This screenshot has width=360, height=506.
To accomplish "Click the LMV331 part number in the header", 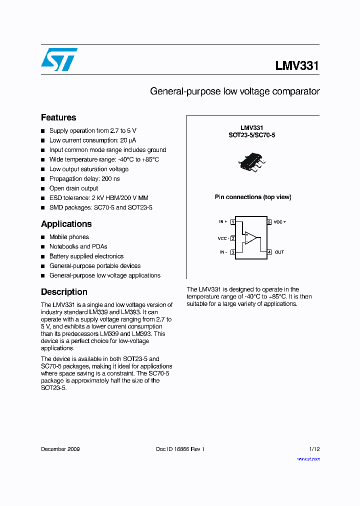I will coord(296,66).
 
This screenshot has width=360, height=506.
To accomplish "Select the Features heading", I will coord(58,117).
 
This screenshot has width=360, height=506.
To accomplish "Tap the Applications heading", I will coord(66,224).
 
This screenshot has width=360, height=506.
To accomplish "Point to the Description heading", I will coord(64,292).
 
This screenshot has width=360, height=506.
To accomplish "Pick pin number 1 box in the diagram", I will coord(233,221).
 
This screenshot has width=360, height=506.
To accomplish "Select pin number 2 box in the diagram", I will coord(233,238).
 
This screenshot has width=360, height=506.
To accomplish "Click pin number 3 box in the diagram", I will coord(233,252).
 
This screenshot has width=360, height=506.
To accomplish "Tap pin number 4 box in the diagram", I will coord(269,252).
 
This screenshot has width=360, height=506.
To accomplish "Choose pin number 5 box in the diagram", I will coord(269,221).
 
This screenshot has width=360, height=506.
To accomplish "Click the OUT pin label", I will coord(279,252).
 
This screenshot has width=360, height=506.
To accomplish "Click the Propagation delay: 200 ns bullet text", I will coord(84,178).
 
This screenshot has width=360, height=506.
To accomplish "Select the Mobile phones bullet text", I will coord(69,237).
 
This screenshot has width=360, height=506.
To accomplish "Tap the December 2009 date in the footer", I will coord(60,449).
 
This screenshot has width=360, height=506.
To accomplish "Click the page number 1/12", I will coord(314,449).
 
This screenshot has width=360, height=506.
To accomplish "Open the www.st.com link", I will coord(308,458).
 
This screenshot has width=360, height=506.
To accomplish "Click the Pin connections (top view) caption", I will coord(253,197).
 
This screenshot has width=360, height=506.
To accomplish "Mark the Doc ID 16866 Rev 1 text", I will coord(180,449).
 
